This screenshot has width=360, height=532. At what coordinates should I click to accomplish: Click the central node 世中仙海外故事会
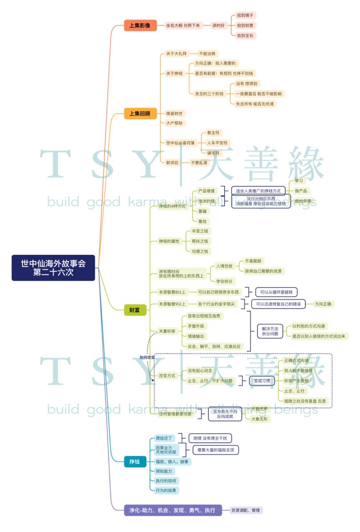[54, 268]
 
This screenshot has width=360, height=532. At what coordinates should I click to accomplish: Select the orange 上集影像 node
[140, 25]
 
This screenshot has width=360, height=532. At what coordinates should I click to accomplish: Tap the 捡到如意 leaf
[246, 25]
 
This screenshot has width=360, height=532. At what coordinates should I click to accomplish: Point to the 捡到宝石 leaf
[246, 36]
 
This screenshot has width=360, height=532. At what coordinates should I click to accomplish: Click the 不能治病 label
[207, 54]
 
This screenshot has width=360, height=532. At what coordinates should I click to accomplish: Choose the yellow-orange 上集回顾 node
[140, 113]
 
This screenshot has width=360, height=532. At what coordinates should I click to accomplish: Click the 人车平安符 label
[217, 143]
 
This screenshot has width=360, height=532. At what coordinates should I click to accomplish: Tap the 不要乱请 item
[199, 163]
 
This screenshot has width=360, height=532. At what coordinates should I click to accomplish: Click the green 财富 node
[135, 310]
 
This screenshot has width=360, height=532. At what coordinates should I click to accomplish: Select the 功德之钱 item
[200, 251]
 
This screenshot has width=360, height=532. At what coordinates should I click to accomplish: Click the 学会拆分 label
[225, 281]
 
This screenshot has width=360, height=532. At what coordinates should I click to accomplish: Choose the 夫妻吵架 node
[167, 331]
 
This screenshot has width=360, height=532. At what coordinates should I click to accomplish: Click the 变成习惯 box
[262, 381]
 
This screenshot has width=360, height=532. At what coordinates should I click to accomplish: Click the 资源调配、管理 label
[246, 510]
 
